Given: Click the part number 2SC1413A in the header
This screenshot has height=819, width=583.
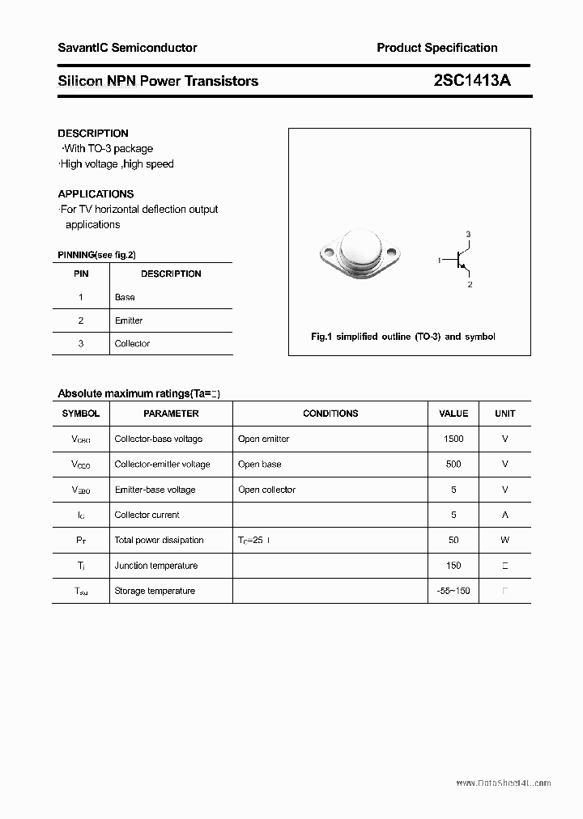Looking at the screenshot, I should (472, 80).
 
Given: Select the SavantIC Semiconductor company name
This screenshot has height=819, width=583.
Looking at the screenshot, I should (127, 48).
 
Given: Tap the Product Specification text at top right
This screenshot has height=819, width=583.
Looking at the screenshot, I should (436, 48).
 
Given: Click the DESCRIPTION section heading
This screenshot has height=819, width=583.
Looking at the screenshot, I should (93, 133).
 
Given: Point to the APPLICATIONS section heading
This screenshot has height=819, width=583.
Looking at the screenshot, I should (96, 193).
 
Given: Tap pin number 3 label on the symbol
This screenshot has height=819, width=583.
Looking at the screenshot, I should (468, 234).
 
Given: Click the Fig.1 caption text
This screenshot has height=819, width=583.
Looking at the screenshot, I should (402, 336).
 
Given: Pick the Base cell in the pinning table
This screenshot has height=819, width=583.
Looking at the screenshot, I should (125, 297).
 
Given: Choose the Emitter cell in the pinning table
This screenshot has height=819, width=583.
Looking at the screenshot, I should (129, 320).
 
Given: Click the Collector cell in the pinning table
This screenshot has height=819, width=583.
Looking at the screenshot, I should (132, 343).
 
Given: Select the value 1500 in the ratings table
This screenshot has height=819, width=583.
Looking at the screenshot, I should (453, 439).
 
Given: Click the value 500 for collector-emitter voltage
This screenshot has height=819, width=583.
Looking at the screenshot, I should (453, 464).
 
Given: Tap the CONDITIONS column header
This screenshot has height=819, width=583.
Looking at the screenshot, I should (330, 414).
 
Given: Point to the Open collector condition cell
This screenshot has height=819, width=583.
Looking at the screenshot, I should (266, 490).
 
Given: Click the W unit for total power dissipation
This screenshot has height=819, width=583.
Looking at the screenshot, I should (504, 540).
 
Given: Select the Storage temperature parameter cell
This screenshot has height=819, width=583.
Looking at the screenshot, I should (155, 591).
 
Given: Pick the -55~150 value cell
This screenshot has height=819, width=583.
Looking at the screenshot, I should (453, 591).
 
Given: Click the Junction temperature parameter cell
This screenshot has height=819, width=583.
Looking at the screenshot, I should (155, 566).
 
